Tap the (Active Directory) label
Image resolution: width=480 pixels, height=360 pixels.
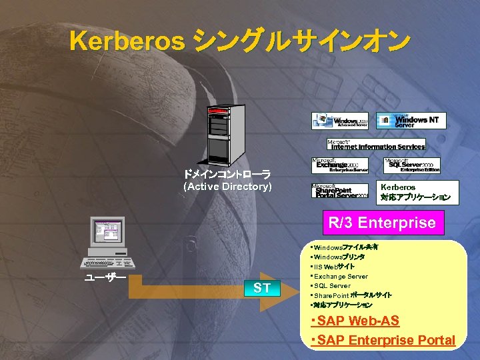227,187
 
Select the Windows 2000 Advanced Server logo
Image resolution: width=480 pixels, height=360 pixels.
339,121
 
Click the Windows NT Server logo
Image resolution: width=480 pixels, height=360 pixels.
411,121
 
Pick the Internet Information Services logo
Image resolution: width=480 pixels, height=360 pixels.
376,145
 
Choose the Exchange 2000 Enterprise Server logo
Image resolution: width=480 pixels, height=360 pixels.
339,165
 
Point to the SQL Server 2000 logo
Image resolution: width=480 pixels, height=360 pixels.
411,165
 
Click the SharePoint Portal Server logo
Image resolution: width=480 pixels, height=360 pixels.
339,190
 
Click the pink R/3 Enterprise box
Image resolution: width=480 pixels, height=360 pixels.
383,223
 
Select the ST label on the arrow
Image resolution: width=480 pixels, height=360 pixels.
262,289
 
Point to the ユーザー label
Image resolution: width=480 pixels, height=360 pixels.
105,278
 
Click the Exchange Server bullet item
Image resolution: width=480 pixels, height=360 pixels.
340,276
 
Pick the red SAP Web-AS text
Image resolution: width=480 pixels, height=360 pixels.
355,321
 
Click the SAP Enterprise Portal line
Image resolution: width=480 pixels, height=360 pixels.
383,341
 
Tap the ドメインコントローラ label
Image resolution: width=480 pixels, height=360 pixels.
227,175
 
